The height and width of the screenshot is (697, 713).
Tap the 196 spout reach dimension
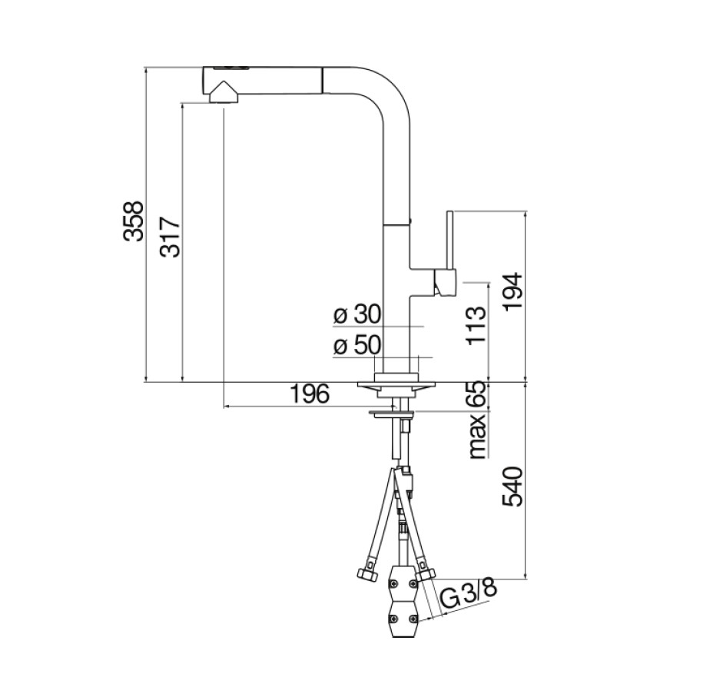point(310,393)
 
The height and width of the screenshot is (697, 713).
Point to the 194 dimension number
point(513,291)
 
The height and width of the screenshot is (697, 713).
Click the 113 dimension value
point(476,326)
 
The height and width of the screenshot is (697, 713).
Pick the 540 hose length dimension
point(513,486)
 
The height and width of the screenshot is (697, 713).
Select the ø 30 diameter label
point(357,314)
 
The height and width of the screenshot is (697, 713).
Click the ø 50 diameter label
point(357,346)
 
